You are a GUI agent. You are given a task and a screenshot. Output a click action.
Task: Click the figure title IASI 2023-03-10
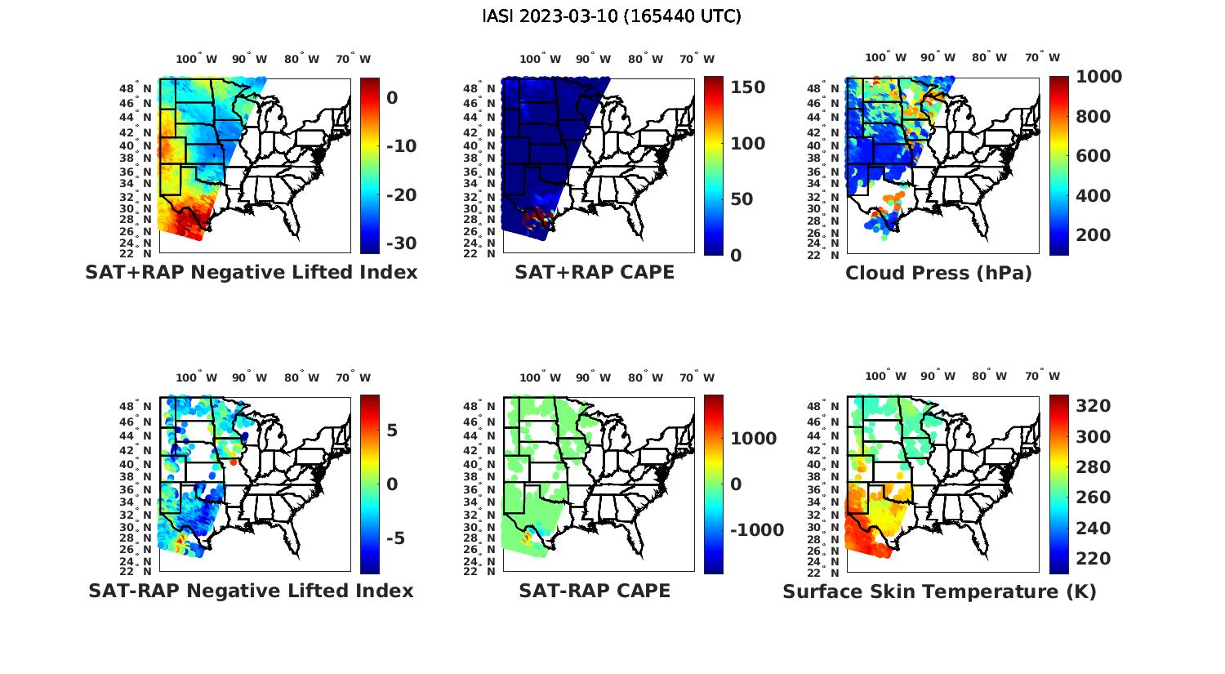coord(612,16)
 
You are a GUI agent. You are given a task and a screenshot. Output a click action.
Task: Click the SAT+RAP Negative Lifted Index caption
coord(252,272)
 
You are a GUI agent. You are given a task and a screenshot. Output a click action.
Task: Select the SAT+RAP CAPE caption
coord(595,272)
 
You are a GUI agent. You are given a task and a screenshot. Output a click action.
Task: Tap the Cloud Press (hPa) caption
coord(938,273)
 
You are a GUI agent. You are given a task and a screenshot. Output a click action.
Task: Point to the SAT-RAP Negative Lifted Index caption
coord(252,591)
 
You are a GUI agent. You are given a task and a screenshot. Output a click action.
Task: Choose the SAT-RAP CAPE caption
coord(595,591)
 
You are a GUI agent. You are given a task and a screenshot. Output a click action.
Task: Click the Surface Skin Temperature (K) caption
coord(939,591)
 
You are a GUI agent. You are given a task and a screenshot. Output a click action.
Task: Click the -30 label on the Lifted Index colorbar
coord(400,243)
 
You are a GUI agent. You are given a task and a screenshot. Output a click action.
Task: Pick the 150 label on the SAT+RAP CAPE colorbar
coord(747,87)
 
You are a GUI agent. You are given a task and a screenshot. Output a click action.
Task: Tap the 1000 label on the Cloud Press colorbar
coord(1098,77)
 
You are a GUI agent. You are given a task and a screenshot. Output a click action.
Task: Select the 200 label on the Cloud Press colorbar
coord(1094,235)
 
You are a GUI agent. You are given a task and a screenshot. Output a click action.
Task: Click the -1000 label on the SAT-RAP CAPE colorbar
coord(757,530)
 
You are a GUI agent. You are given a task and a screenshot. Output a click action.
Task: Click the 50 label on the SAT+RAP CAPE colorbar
coord(742,199)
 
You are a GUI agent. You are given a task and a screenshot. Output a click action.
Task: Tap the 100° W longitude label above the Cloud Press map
coord(885,58)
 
